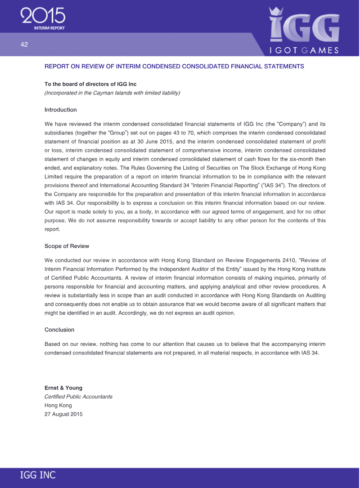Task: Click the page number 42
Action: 24,45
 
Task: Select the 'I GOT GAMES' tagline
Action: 304,50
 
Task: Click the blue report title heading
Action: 174,67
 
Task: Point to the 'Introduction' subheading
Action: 60,110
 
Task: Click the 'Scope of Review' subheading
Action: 67,246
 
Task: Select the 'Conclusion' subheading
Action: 59,330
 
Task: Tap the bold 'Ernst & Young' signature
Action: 63,388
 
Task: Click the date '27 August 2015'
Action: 63,414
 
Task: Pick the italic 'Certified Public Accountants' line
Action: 78,397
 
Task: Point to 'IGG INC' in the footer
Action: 38,475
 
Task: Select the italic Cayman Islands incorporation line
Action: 112,93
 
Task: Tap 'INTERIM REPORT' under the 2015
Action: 49,28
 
